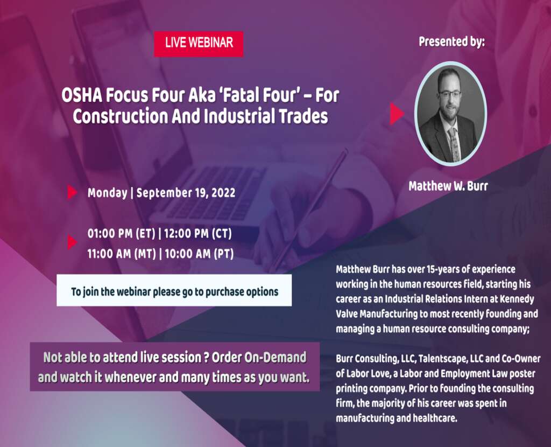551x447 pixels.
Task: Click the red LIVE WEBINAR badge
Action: (199, 44)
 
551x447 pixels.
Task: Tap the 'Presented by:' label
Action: (451, 41)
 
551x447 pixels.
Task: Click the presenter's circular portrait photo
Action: (450, 114)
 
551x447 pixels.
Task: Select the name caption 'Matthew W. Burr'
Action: (448, 186)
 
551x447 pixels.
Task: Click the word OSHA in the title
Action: (81, 96)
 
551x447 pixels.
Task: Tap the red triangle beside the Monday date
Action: (72, 192)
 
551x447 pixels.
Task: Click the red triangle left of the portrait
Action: (397, 114)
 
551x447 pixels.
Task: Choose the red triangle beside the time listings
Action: (72, 242)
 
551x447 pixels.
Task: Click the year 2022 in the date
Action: (223, 193)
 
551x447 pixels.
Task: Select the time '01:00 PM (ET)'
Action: (121, 234)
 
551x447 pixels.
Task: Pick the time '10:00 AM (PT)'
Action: (199, 254)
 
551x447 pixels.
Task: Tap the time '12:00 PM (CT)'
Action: (198, 234)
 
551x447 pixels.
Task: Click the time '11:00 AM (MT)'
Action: (122, 254)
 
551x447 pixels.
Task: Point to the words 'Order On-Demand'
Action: (259, 358)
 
